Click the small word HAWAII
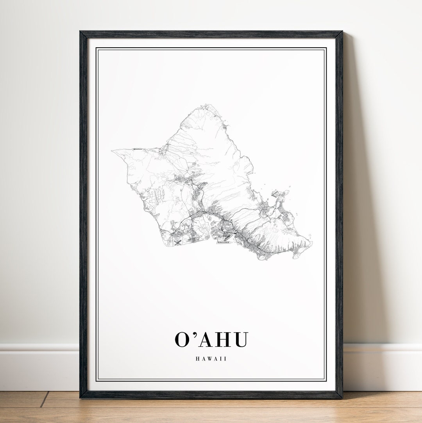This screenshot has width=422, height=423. [211, 358]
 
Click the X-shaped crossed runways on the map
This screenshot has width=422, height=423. [178, 243]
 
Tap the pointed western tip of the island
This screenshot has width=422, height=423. [112, 151]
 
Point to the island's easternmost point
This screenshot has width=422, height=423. [311, 243]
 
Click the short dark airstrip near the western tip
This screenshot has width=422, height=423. [138, 149]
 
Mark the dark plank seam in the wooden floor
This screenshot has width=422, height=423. [44, 399]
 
